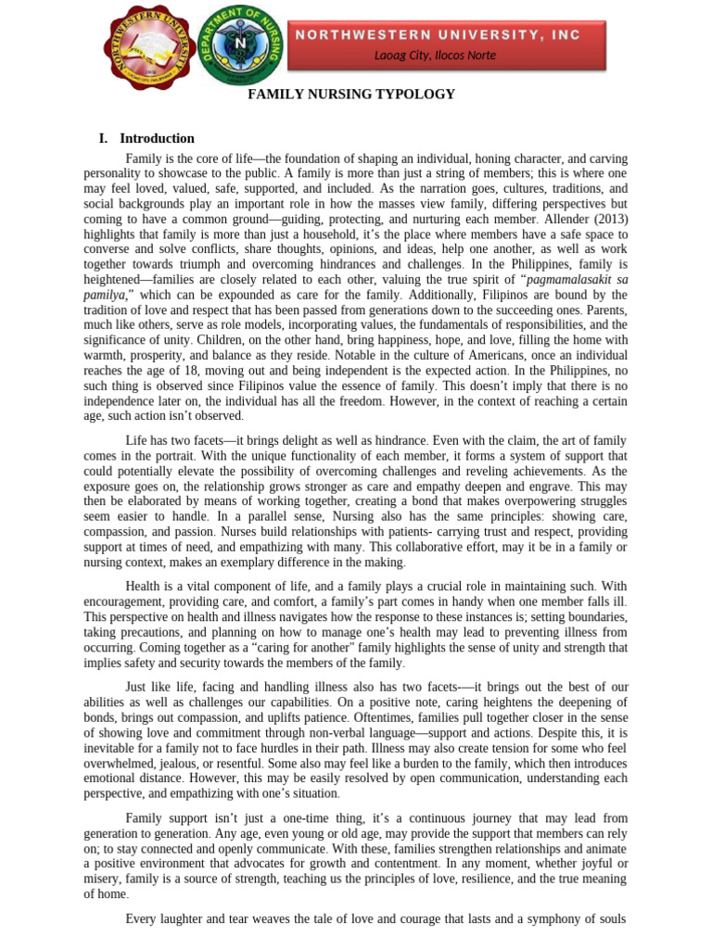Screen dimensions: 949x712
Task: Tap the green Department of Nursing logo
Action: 241,45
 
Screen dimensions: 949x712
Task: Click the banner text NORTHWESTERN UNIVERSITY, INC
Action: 438,35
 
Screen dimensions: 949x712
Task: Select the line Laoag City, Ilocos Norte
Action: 435,56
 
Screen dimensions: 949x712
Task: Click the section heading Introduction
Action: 157,138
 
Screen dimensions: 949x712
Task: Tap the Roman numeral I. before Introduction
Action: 104,138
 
